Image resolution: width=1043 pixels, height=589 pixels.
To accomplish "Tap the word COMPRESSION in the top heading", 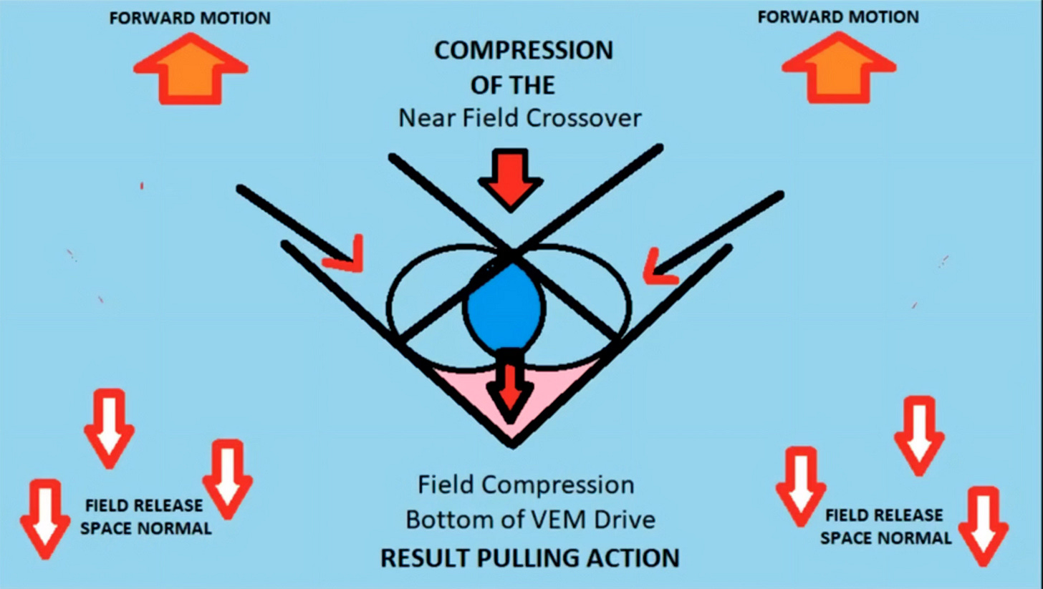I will point(524,51).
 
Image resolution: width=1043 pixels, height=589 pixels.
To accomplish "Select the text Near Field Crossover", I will point(519,117).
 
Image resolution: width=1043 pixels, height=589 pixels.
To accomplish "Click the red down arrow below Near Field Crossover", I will point(510,180).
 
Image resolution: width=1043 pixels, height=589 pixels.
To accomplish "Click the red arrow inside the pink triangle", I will point(510,386).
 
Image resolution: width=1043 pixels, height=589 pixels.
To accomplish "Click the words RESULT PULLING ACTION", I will point(529,558).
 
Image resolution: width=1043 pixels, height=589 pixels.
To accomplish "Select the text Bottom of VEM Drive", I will point(530,520).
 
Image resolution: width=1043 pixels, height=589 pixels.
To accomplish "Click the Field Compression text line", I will point(526,485).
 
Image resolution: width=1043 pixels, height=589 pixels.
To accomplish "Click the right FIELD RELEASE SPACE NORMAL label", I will point(885,526).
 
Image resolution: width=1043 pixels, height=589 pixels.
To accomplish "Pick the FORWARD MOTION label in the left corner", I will point(190,18).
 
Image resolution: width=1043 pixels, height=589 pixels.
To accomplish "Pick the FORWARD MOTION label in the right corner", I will point(838,16).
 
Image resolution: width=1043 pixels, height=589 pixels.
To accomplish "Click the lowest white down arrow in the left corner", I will point(44,519).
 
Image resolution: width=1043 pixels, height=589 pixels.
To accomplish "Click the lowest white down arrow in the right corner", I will point(983,526).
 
